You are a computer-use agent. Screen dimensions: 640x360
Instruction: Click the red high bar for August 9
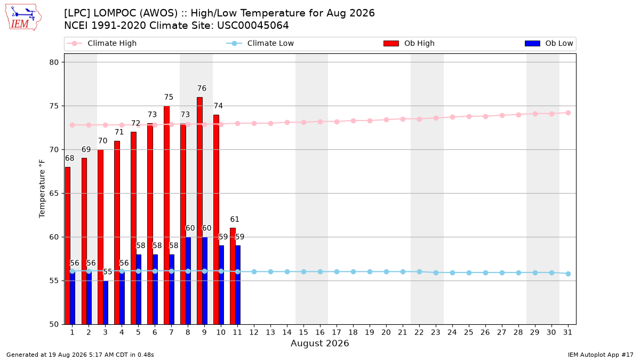point(199,211)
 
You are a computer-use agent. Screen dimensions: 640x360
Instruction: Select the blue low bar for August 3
point(106,302)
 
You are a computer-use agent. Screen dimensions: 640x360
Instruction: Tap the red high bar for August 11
point(233,276)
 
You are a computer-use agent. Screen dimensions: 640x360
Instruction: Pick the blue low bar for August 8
point(188,281)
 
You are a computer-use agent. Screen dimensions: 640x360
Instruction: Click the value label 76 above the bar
point(202,89)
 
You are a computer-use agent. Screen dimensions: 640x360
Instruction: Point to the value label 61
point(235,219)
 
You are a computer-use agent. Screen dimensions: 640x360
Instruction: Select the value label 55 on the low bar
point(107,271)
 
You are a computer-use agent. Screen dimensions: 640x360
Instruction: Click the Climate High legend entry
point(102,43)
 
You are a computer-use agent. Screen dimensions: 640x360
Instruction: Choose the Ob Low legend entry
point(549,43)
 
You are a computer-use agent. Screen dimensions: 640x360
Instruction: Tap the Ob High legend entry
point(409,43)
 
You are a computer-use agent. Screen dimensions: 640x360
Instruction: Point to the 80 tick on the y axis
point(54,62)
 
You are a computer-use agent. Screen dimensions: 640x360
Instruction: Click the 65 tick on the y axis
point(54,194)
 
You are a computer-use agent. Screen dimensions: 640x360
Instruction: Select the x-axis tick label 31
point(567,333)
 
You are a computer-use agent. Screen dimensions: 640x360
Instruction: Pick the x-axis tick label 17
point(337,333)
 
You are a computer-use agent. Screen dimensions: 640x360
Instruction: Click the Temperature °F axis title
point(42,189)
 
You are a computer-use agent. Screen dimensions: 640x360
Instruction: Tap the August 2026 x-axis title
point(319,343)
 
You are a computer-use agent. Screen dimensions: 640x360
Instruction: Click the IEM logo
point(23,18)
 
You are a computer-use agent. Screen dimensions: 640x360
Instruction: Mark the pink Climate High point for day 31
point(568,113)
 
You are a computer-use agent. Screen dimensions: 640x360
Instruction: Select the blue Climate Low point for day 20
point(386,271)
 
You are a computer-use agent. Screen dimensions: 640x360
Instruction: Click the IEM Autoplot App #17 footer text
point(601,355)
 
